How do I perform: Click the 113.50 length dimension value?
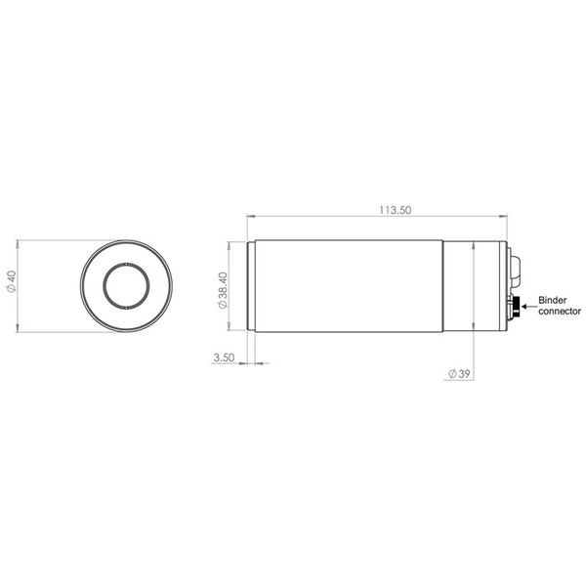395,210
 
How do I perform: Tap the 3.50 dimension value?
224,357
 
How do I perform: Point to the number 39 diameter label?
464,374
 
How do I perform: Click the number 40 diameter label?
12,277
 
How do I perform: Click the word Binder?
553,300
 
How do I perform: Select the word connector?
560,311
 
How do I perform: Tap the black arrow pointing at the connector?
528,307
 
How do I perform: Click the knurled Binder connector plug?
516,307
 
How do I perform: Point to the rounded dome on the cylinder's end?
515,271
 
